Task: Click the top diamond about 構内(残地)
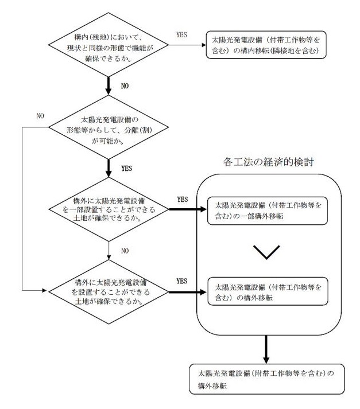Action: click(109, 45)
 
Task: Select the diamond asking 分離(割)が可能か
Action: click(109, 127)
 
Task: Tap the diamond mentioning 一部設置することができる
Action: click(109, 209)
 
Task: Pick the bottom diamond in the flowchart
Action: click(109, 291)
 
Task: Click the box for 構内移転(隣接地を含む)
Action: click(266, 45)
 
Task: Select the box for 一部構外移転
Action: click(268, 211)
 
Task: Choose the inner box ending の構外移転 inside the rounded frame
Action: click(268, 291)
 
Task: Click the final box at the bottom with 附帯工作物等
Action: click(267, 379)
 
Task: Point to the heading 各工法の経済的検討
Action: click(268, 162)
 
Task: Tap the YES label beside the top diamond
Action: click(181, 34)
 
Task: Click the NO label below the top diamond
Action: click(125, 86)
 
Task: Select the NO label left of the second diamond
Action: click(40, 116)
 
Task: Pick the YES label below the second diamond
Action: click(127, 168)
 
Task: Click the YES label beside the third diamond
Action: click(183, 199)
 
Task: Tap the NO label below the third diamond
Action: click(125, 251)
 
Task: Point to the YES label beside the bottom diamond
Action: click(181, 281)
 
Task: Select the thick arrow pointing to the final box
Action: click(266, 349)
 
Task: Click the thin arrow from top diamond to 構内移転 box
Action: click(187, 45)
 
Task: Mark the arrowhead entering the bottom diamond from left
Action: click(44, 290)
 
